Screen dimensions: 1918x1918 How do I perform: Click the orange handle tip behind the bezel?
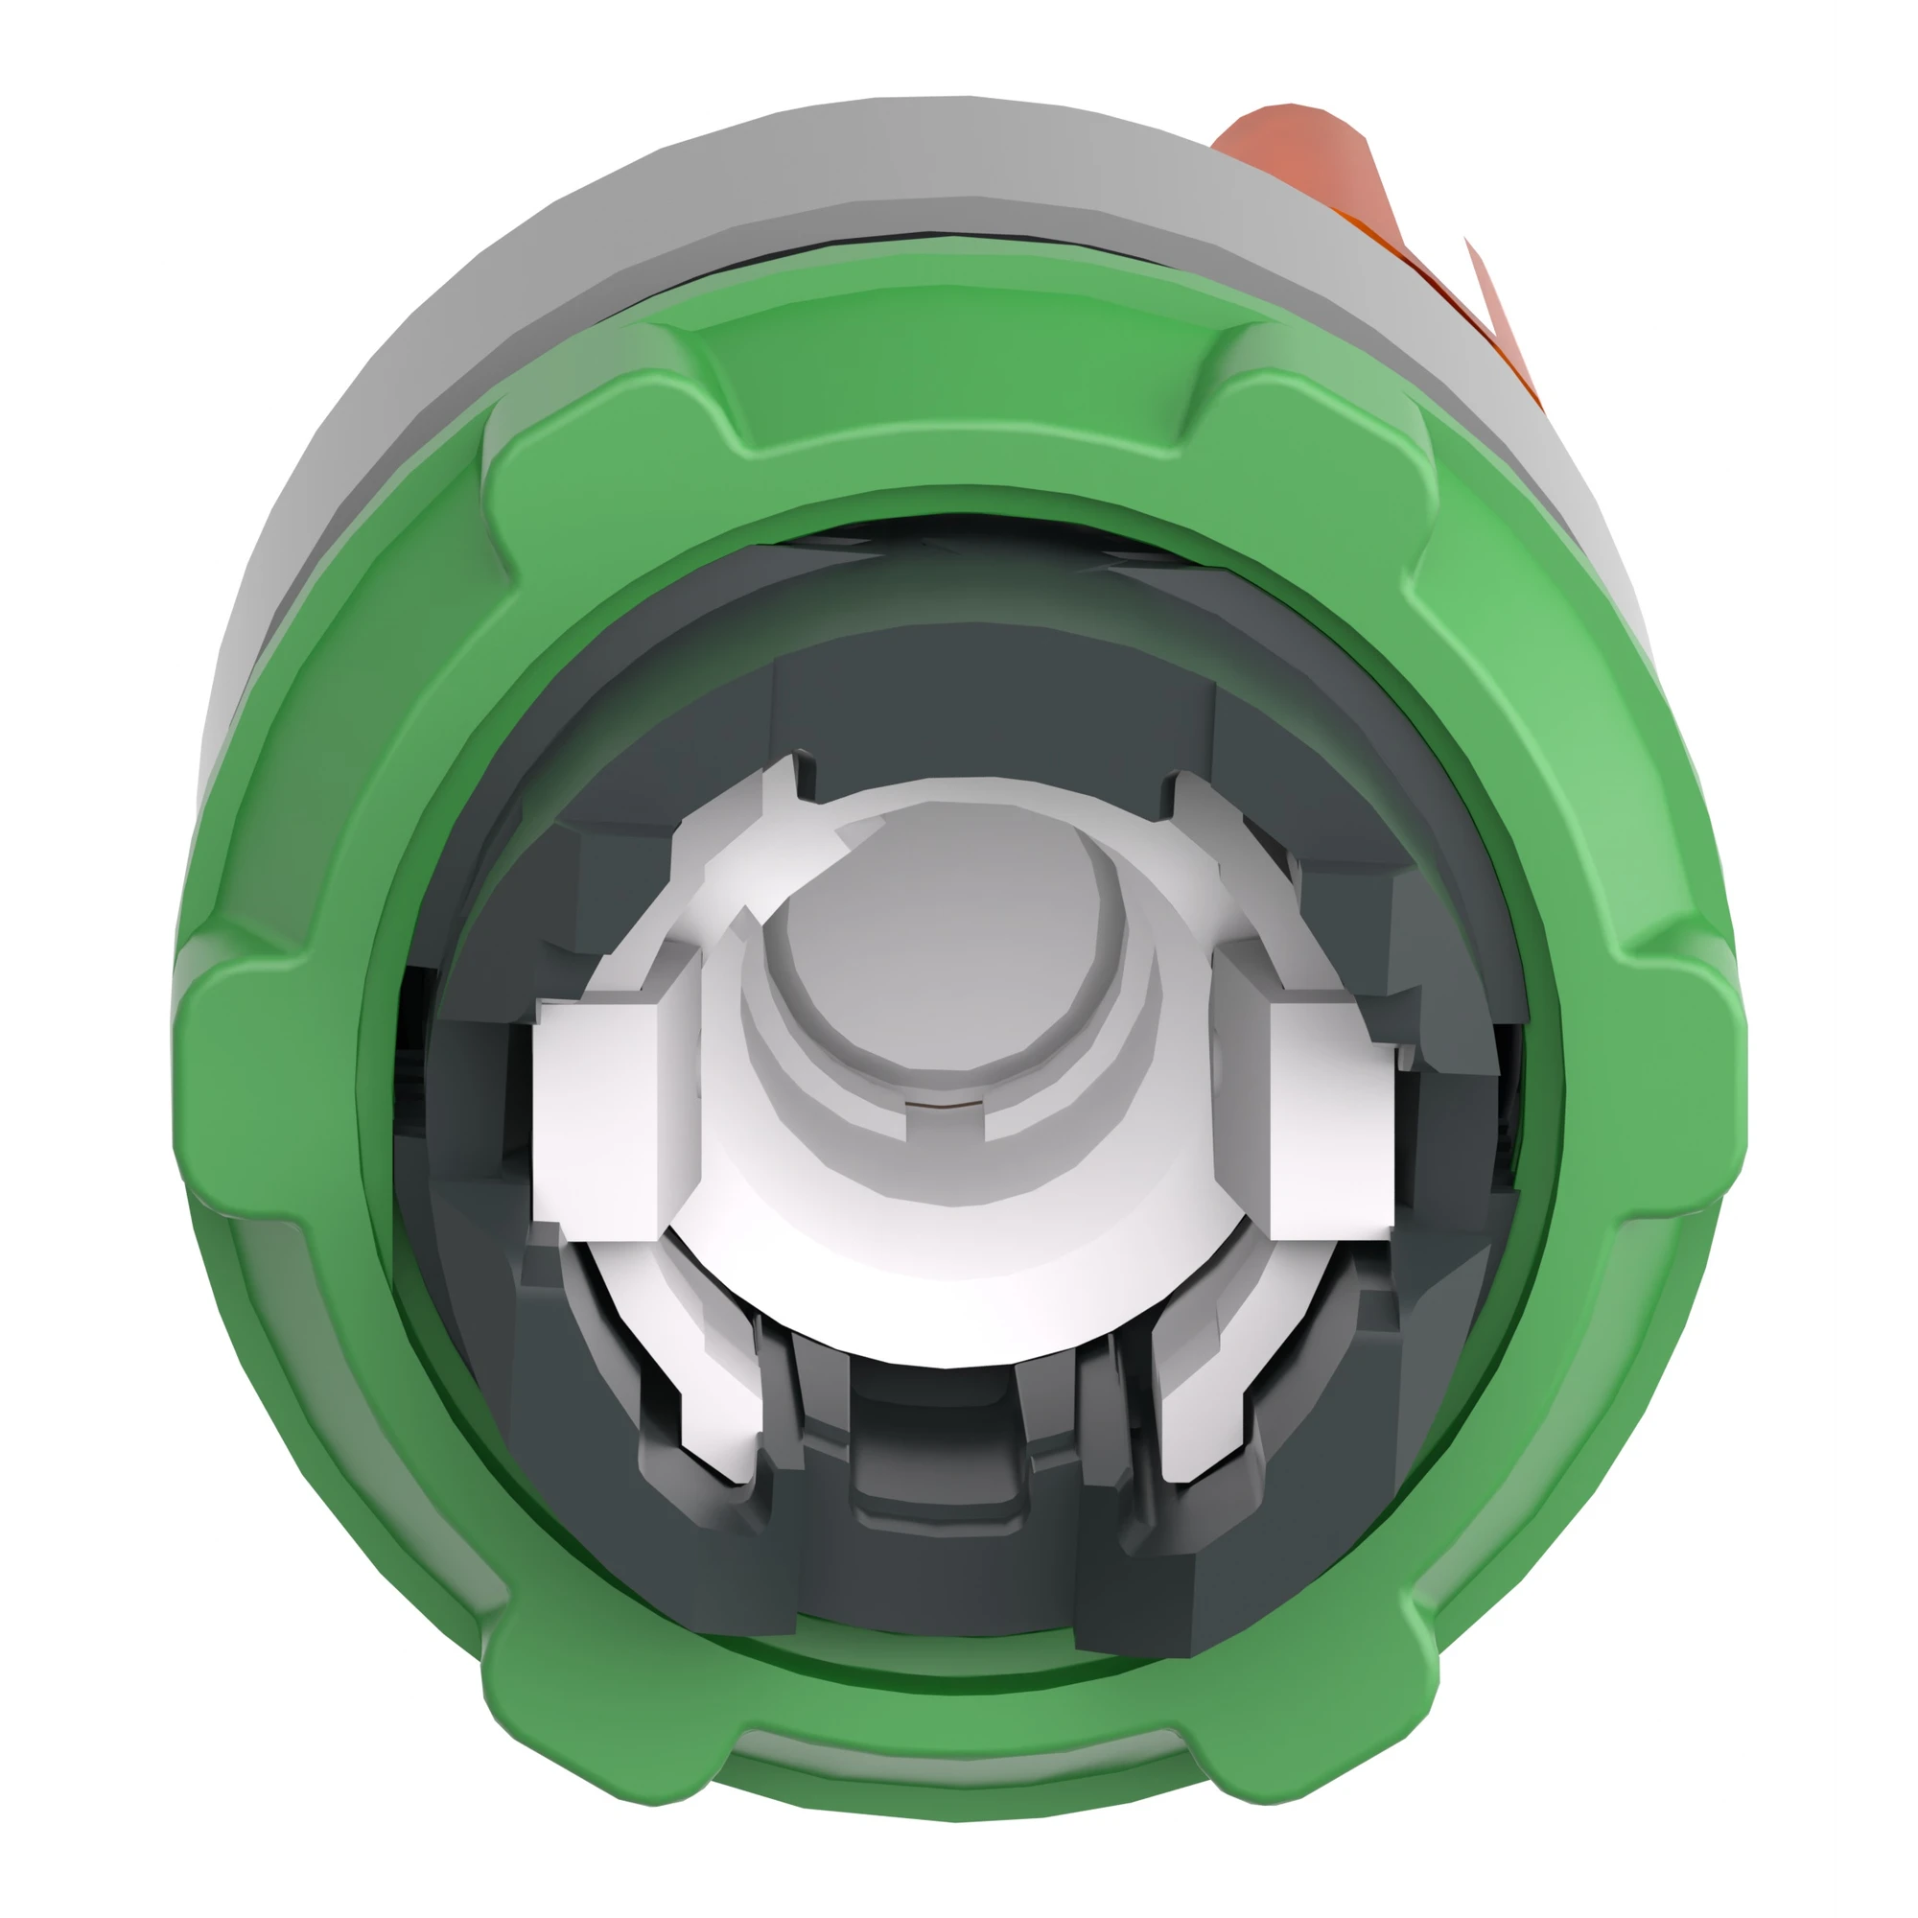tap(1291, 149)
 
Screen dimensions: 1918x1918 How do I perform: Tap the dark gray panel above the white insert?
tap(993, 705)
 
